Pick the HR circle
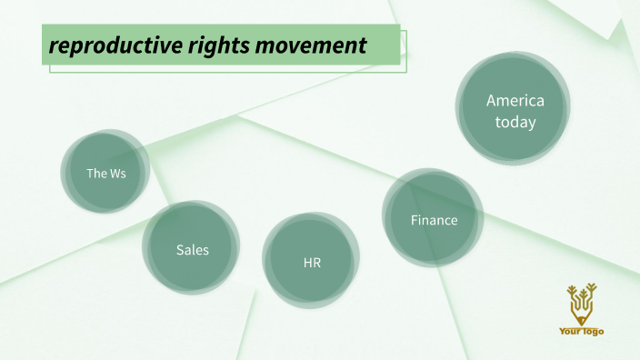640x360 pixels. tap(312, 263)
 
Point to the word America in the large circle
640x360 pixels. tap(515, 101)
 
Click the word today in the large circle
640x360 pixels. tap(515, 122)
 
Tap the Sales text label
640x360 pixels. tap(192, 249)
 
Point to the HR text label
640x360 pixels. tap(312, 263)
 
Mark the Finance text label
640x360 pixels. tap(434, 220)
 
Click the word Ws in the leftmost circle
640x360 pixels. tap(117, 173)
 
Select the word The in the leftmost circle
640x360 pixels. tap(95, 173)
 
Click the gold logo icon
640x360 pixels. tap(581, 305)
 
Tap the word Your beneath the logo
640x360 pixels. tap(571, 332)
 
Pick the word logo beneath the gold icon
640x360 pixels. tap(592, 332)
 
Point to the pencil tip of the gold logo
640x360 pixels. tap(581, 321)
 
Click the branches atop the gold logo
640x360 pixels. tap(581, 293)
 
